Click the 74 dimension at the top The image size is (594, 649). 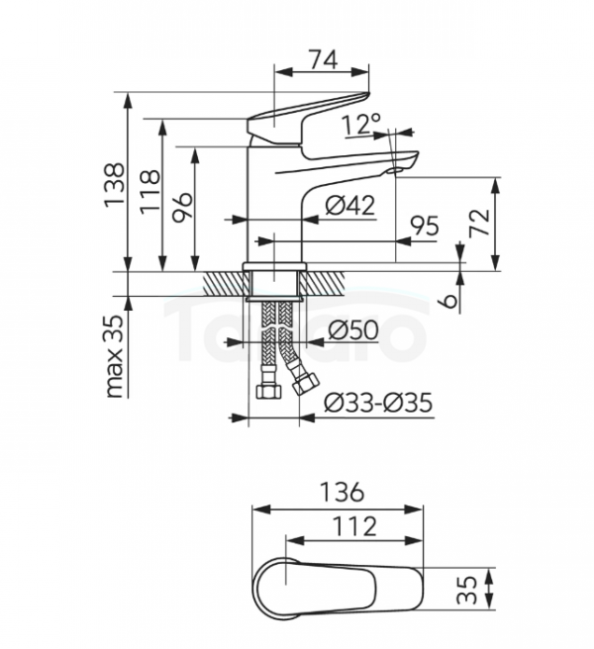point(324,59)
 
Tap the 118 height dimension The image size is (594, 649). point(149,191)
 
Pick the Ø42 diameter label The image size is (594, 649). point(350,205)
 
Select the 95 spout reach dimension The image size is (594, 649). point(424,226)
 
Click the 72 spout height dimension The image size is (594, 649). point(479,223)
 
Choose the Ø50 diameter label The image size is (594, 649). point(352,330)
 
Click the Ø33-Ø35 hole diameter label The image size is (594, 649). point(378,403)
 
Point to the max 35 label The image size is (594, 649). point(115,356)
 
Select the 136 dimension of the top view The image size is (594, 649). point(343,493)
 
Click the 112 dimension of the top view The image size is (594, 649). point(355,526)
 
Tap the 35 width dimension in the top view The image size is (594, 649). point(467,590)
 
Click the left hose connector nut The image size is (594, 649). point(269,391)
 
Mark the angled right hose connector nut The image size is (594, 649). point(305,383)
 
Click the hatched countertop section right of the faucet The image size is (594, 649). point(326,284)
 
